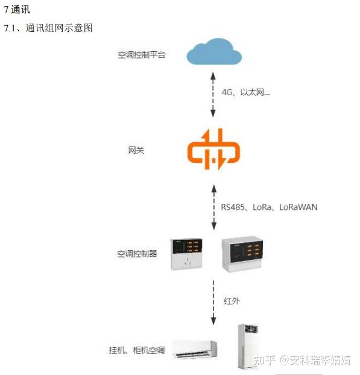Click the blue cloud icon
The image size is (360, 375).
coord(214,52)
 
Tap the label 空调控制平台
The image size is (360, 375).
coord(141,55)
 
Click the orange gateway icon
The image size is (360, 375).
coord(213,150)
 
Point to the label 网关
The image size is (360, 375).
coord(136,150)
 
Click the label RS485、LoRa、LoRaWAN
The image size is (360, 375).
coord(269,207)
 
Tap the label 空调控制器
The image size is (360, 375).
coord(137,253)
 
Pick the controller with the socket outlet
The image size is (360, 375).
coord(186,254)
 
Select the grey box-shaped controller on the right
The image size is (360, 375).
coord(242,254)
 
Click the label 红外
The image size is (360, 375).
coord(232,301)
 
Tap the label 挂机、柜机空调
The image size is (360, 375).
coord(137,350)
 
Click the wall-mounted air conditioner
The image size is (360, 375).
coord(195,350)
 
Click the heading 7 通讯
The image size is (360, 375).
coord(17,10)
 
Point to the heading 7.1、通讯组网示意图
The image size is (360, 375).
coord(48,28)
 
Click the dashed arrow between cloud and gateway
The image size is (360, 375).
coord(213,95)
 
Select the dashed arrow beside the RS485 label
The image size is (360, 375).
coord(214,207)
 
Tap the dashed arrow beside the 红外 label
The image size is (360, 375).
coord(213,303)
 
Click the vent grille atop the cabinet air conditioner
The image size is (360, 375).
coord(251,329)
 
